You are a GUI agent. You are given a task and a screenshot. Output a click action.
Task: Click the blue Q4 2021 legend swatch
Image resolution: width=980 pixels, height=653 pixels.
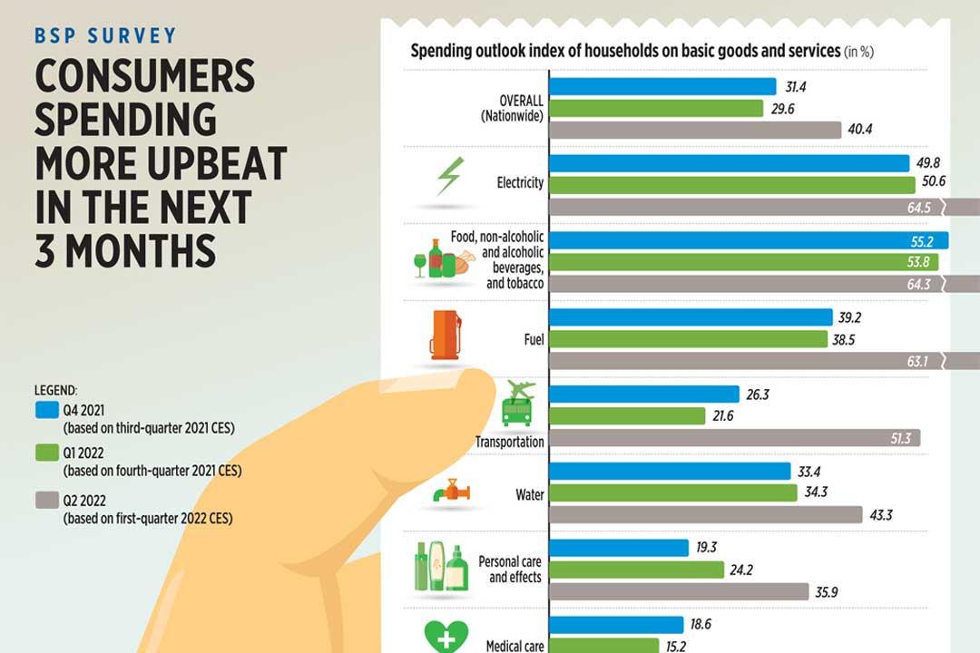(46, 408)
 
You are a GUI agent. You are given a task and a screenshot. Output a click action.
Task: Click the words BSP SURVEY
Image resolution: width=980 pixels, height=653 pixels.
(104, 37)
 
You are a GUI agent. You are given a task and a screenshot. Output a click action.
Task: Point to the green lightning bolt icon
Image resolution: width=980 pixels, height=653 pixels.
(448, 177)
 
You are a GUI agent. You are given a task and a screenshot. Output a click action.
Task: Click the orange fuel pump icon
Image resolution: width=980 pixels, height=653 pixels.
(445, 336)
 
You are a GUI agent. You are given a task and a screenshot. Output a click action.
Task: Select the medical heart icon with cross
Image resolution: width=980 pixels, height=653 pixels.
(446, 635)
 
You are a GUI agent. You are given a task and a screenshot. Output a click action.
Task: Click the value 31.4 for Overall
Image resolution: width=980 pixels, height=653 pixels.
(795, 86)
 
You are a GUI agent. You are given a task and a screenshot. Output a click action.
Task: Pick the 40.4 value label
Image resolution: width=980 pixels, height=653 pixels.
(859, 130)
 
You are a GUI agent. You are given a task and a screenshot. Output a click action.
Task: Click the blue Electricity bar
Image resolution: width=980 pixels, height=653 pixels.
(730, 163)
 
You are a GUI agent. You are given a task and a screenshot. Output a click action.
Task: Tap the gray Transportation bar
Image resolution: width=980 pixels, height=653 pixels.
(735, 438)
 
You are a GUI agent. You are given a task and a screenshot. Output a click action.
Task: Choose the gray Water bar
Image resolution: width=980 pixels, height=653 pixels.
(706, 514)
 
